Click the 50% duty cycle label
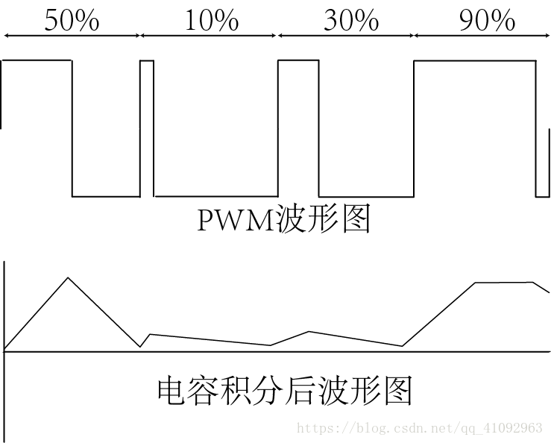coord(72,20)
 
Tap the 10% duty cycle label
coord(211,20)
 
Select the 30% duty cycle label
coord(351,20)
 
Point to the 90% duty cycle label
coord(487,20)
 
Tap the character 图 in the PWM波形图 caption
coord(356,220)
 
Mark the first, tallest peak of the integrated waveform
coord(69,278)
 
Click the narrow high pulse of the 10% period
coord(147,61)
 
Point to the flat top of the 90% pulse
coord(475,61)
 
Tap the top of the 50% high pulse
coord(37,60)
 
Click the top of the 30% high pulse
coord(298,61)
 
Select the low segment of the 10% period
coord(215,196)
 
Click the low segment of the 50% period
coord(106,196)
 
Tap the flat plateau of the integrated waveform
coord(503,283)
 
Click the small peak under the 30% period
coord(309,331)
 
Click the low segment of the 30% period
coord(366,197)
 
